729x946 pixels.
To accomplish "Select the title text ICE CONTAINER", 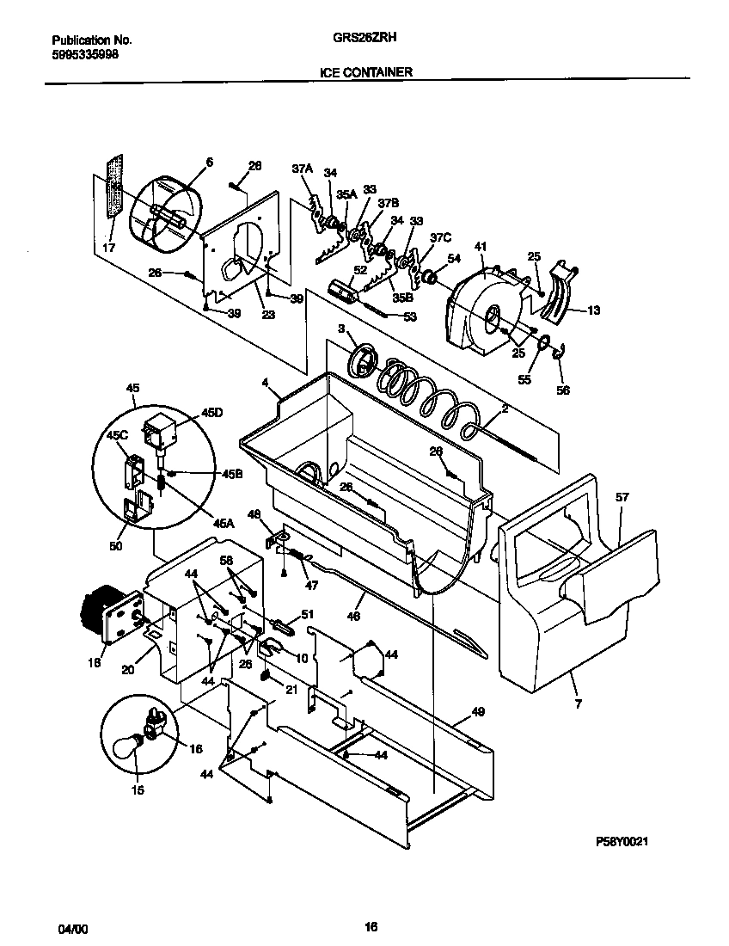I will coord(366,73).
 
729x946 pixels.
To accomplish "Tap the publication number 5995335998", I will coord(85,53).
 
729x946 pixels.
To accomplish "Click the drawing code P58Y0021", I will coord(628,845).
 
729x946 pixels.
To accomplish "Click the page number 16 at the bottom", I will coord(371,927).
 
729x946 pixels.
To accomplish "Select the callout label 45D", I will coord(211,414).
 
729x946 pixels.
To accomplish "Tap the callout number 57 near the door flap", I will coord(622,497).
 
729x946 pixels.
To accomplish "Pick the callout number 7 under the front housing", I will coord(578,704).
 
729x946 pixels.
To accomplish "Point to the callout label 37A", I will coord(301,170).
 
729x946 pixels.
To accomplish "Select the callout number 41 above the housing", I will coord(479,246).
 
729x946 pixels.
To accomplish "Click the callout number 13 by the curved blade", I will coord(592,311).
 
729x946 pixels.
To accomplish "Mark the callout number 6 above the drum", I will coord(208,162).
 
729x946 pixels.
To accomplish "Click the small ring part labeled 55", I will coord(543,345).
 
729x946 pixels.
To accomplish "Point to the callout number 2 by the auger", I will coord(505,409).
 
